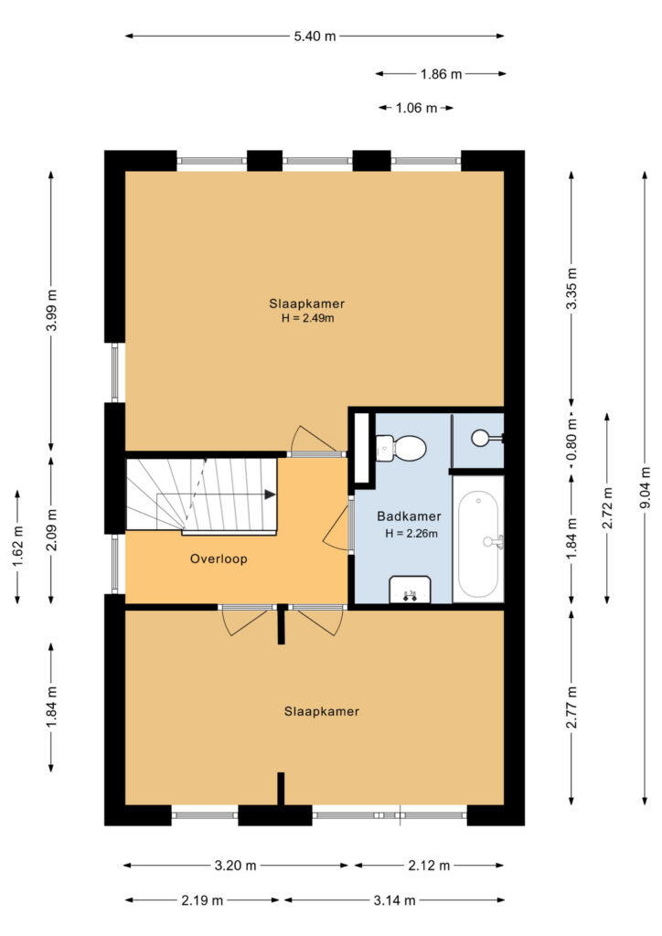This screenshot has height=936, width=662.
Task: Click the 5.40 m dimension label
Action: [315, 37]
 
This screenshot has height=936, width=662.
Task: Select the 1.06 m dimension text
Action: [416, 108]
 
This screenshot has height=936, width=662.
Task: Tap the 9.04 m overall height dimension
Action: [646, 488]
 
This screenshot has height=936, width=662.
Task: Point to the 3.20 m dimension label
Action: [235, 865]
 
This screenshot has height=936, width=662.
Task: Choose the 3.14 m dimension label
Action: [395, 900]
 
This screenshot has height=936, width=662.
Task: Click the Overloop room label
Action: [219, 558]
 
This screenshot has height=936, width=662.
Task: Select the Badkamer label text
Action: [409, 516]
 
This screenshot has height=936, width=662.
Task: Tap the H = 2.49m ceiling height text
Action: [307, 318]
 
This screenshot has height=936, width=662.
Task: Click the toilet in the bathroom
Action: [400, 448]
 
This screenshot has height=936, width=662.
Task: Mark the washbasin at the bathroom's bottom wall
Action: [411, 590]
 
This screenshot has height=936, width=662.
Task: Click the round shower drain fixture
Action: [479, 438]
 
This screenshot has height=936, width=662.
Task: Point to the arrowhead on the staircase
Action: [270, 495]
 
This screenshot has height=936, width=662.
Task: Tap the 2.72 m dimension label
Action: [608, 508]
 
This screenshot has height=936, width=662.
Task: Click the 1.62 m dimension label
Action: [18, 546]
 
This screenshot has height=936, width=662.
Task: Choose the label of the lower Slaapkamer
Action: [322, 711]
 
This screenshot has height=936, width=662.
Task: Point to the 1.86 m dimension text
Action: [441, 74]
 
